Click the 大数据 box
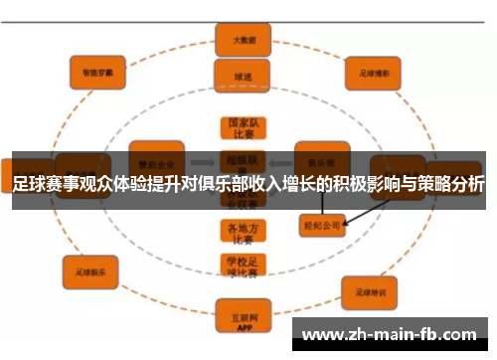coord(244,42)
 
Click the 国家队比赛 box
coord(243,128)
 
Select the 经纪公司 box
coord(320,225)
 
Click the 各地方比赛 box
coord(243,232)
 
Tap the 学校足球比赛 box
coord(243,266)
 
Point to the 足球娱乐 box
coord(90,268)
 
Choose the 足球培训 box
coord(370,292)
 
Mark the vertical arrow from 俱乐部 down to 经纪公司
coord(321,202)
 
